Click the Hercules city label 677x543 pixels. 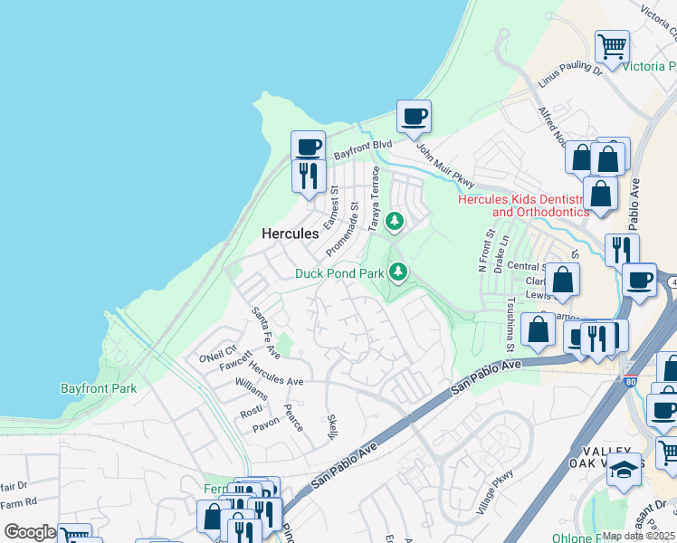click(x=290, y=233)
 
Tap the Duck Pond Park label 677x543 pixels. click(x=339, y=272)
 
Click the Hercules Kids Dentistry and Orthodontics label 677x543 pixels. click(x=523, y=205)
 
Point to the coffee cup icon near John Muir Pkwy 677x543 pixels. click(x=414, y=117)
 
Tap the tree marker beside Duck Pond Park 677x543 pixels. click(x=397, y=271)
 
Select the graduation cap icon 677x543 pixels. click(x=624, y=471)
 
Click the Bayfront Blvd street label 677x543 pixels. click(x=362, y=149)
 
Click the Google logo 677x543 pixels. click(x=30, y=532)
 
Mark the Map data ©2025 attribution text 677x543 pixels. click(x=638, y=536)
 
